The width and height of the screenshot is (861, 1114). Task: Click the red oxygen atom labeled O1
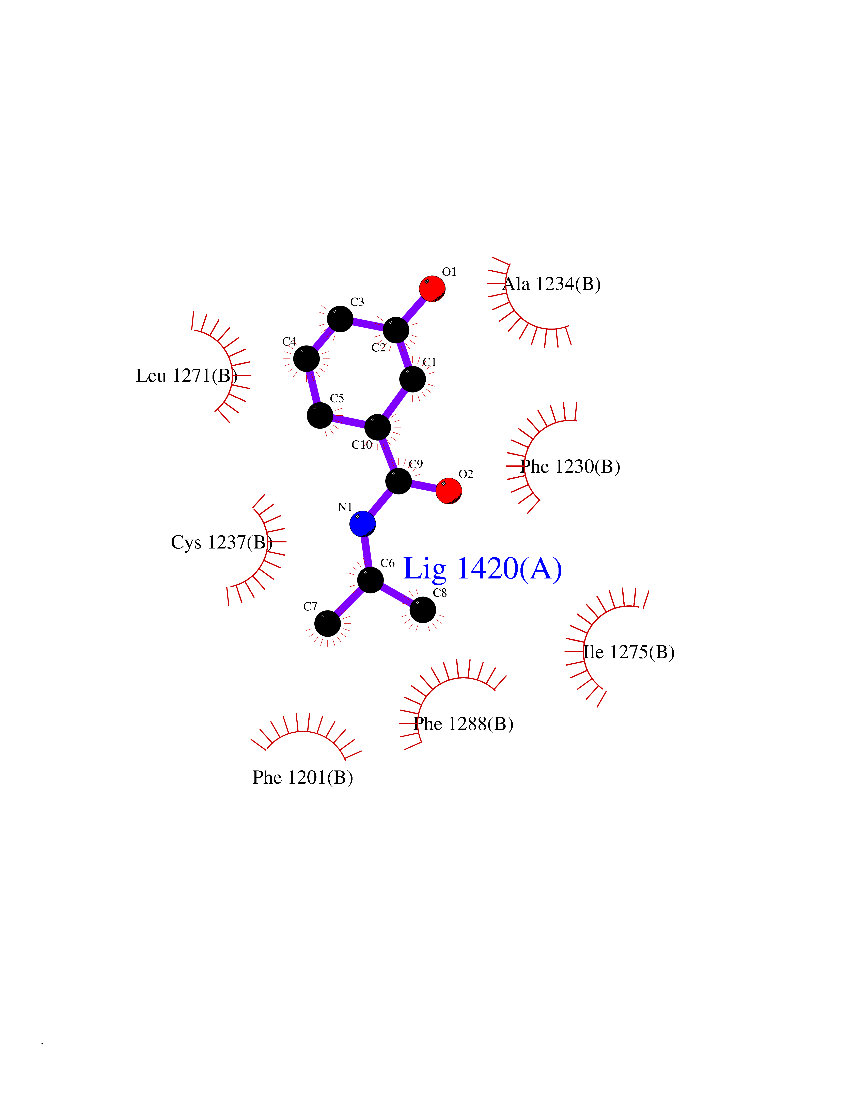pyautogui.click(x=432, y=289)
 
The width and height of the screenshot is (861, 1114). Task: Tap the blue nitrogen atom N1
pyautogui.click(x=363, y=524)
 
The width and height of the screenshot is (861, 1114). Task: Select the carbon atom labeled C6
pyautogui.click(x=370, y=580)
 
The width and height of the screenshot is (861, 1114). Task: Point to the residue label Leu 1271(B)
pyautogui.click(x=187, y=375)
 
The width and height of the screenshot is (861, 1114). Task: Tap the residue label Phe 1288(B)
pyautogui.click(x=463, y=723)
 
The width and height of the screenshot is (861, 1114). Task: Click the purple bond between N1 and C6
pyautogui.click(x=366, y=552)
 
